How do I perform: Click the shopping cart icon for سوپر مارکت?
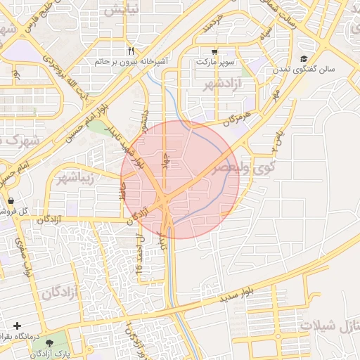214,52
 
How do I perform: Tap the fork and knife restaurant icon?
131,51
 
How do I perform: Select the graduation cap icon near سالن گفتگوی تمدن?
304,59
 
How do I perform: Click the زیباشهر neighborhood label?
78,175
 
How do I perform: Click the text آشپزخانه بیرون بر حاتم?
131,62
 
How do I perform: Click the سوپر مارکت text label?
214,63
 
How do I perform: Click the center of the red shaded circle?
180,179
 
